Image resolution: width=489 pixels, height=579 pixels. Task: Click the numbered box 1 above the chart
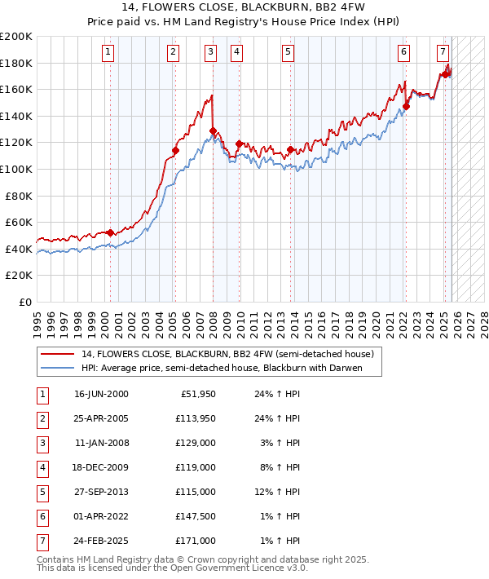point(109,52)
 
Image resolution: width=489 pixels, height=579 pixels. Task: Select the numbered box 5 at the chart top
point(289,52)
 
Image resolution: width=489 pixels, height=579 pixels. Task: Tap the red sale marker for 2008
point(213,130)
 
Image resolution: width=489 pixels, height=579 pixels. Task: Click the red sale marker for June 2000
point(110,232)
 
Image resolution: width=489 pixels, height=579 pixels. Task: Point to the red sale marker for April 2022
point(406,106)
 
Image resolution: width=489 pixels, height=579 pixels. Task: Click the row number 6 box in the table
point(42,515)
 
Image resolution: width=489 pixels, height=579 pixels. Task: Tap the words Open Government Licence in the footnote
point(232,568)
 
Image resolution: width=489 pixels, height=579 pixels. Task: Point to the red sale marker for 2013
point(290,149)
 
